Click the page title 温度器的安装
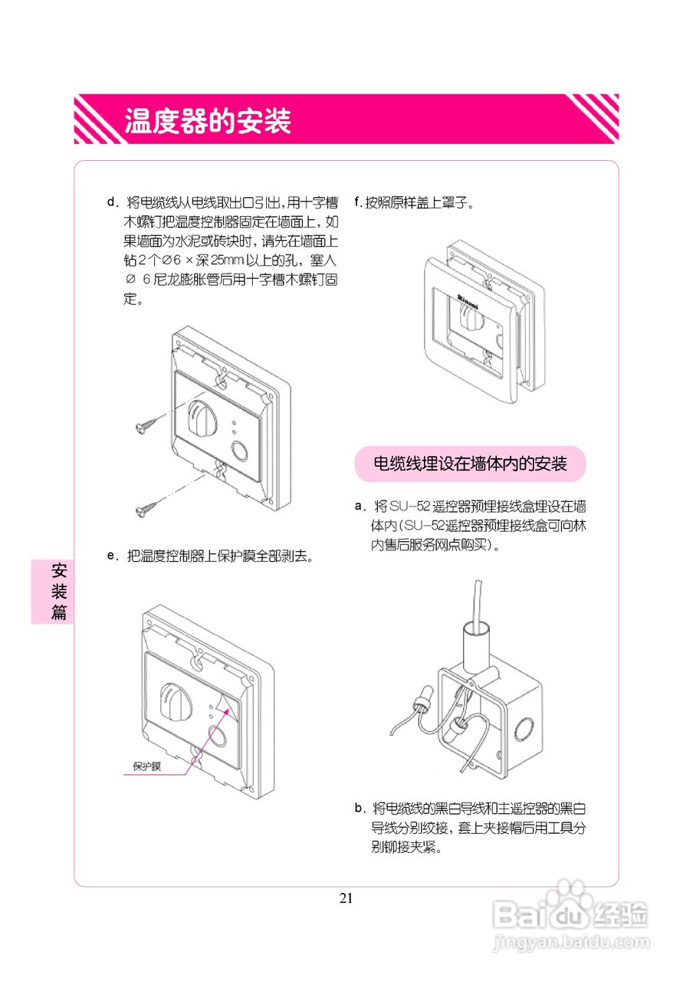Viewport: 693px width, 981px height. click(208, 120)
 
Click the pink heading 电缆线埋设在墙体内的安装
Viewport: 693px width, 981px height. click(470, 464)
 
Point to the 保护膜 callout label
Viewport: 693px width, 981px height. click(146, 766)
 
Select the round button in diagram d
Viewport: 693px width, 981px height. click(239, 450)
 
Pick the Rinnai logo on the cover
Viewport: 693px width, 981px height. click(468, 301)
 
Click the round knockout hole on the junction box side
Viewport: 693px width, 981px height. click(524, 729)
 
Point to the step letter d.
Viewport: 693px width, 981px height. click(112, 202)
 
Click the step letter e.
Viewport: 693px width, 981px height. click(112, 556)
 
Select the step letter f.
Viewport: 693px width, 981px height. click(357, 202)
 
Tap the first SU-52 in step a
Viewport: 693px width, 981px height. click(409, 507)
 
